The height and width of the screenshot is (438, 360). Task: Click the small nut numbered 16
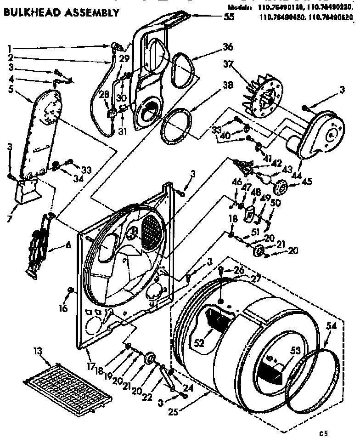pyautogui.click(x=71, y=289)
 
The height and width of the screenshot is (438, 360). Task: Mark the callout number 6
pyautogui.click(x=67, y=245)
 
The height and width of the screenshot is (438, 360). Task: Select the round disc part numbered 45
pyautogui.click(x=280, y=187)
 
